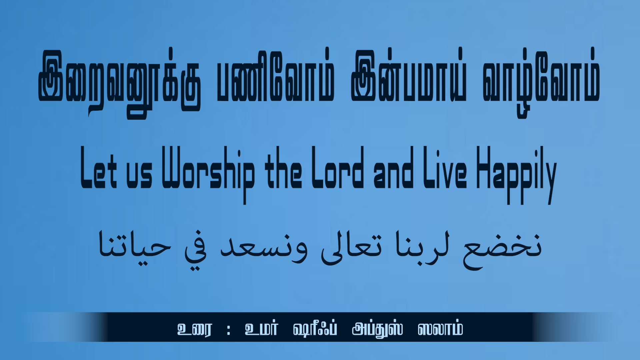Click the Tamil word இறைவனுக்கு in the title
(x=119, y=83)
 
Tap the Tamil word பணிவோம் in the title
(x=275, y=76)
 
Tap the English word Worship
(x=208, y=175)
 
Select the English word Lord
(x=338, y=167)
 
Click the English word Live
(x=445, y=167)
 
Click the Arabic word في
(x=196, y=250)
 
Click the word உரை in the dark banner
(x=194, y=329)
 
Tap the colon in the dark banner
(x=228, y=330)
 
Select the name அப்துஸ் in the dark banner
(x=377, y=329)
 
